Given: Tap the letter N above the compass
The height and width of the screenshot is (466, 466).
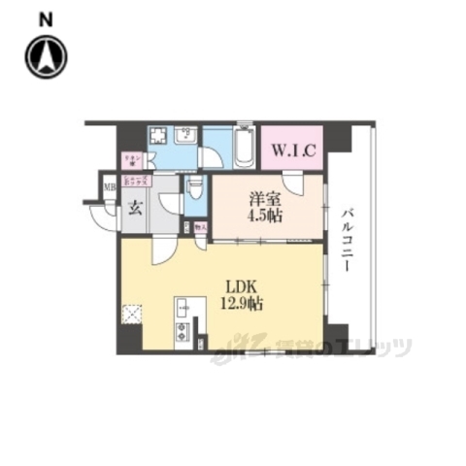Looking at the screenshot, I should pos(46,18).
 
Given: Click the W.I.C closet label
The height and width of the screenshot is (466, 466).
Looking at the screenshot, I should pos(290,150).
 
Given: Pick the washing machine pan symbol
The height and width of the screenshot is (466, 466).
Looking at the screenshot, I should pos(159,137).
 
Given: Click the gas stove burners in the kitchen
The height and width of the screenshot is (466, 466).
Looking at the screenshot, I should pos(182,336).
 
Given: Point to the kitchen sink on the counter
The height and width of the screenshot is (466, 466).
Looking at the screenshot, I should pos(182,310).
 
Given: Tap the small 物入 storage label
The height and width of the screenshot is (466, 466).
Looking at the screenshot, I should pos(201,229).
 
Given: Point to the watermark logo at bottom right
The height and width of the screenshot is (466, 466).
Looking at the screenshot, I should pos(320,345).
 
